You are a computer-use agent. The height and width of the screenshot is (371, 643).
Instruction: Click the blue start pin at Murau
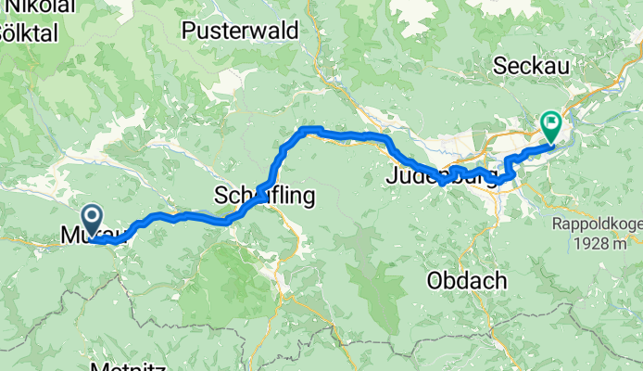[94, 221]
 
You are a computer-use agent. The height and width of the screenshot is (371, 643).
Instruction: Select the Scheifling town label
[264, 196]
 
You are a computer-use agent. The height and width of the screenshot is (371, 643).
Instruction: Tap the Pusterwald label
[240, 31]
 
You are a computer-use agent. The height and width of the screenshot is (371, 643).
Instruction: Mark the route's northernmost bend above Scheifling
[311, 130]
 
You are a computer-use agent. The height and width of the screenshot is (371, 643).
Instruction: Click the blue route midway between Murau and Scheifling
[176, 217]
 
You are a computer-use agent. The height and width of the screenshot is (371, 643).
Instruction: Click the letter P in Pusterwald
[188, 31]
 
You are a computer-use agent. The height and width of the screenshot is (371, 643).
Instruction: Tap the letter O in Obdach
[436, 279]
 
